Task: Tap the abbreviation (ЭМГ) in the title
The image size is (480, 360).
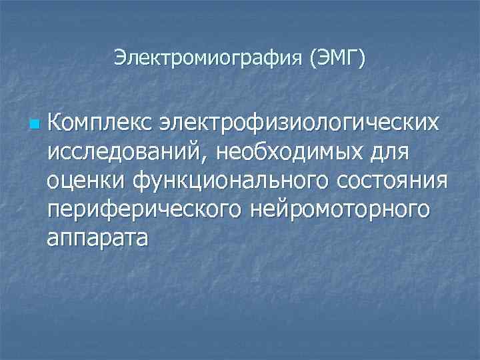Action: coord(337,58)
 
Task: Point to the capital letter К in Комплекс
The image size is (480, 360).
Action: coord(55,123)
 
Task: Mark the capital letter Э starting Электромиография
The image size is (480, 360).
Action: coord(119,58)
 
